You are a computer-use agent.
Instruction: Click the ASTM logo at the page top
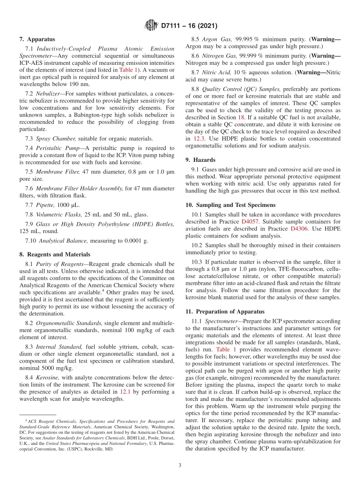pyautogui.click(x=152, y=26)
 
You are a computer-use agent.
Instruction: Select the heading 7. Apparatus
pyautogui.click(x=37, y=39)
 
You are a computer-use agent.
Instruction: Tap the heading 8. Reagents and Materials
pyautogui.click(x=55, y=254)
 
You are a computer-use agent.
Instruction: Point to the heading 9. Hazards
pyautogui.click(x=200, y=160)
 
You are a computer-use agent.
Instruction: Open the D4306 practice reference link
pyautogui.click(x=299, y=228)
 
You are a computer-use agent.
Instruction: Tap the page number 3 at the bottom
pyautogui.click(x=180, y=465)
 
